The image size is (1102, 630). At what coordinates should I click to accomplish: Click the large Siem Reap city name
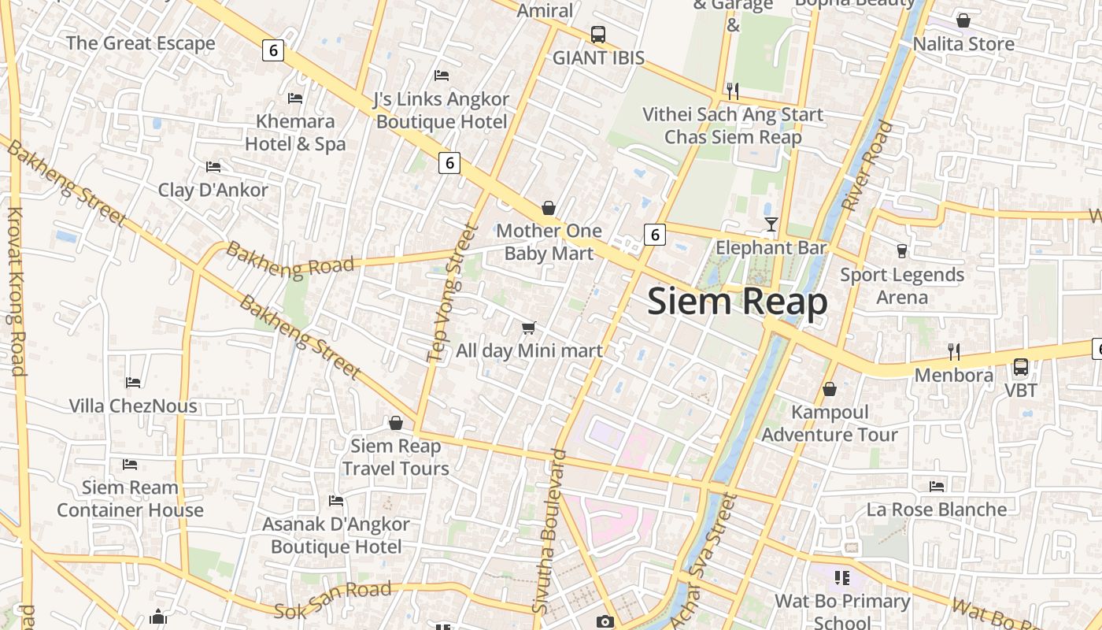pos(738,302)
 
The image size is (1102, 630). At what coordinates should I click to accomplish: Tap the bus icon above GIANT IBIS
pos(598,35)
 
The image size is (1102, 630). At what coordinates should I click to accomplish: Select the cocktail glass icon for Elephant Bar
pos(771,224)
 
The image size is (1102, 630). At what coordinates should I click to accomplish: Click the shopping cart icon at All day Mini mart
pos(529,328)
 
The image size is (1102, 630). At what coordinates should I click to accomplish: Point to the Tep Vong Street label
pos(452,293)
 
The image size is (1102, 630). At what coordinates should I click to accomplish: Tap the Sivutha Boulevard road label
pos(549,531)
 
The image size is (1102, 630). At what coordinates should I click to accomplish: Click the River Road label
pos(868,165)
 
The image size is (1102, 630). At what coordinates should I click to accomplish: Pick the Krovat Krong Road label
pos(17,290)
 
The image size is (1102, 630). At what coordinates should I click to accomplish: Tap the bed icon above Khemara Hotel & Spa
pos(295,98)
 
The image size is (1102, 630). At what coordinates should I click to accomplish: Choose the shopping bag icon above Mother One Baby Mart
pos(549,208)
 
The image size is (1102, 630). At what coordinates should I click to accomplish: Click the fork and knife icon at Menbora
pos(953,351)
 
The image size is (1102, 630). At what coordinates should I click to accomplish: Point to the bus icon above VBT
pos(1021,367)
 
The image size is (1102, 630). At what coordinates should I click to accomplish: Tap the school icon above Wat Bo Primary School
pos(842,579)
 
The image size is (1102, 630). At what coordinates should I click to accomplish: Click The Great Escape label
pos(140,43)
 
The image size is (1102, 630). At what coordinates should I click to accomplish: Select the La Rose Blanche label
pos(937,510)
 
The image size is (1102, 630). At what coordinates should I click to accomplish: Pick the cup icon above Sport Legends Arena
pos(902,251)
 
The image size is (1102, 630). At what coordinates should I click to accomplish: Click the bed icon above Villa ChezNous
pos(133,383)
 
